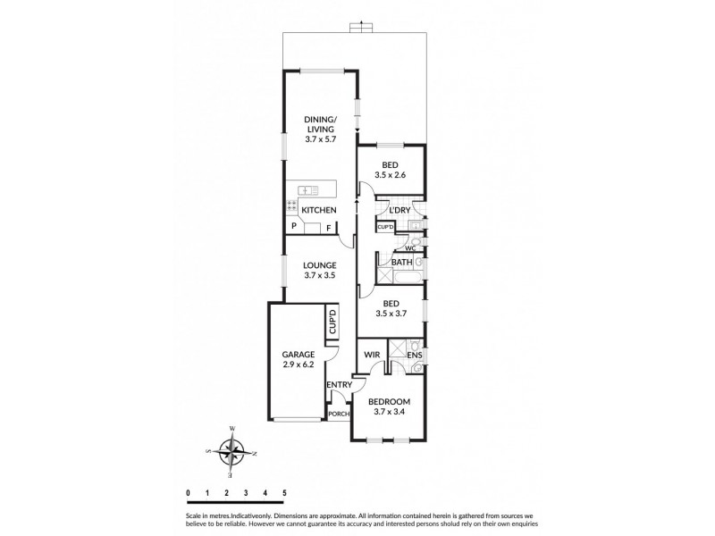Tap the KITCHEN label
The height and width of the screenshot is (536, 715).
coord(318,210)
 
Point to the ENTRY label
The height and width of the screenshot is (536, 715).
coord(339,385)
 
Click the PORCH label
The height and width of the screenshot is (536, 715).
coord(339,414)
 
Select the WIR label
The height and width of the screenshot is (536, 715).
coord(373,356)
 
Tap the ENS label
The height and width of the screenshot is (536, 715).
coord(414,356)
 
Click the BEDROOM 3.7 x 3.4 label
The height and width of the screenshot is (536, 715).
coord(390,407)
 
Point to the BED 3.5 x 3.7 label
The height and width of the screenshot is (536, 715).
coord(390,309)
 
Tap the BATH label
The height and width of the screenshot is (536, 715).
coord(401,262)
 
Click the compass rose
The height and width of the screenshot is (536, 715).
coord(232,454)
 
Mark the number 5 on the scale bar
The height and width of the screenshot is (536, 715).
coord(284,492)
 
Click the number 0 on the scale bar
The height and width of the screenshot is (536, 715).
coord(188,492)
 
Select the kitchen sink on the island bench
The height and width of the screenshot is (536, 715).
coord(308,189)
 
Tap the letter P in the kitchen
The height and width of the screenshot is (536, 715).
coord(293,228)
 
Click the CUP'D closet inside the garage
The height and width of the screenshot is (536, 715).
coord(332,322)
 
